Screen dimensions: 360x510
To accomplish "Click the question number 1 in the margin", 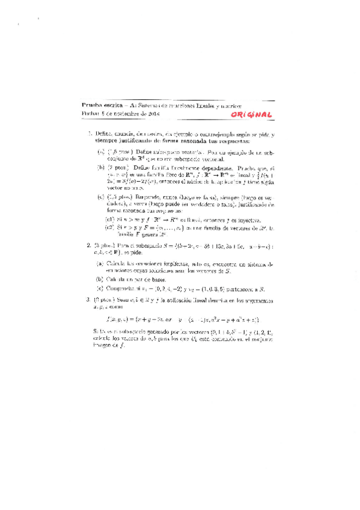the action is (89, 134).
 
